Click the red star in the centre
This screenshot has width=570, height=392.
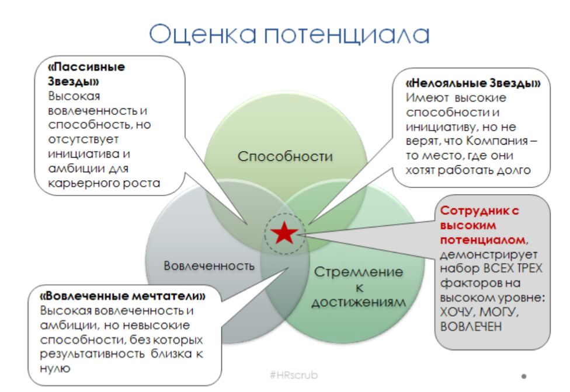[x=284, y=233]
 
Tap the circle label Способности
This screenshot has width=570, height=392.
[x=285, y=156]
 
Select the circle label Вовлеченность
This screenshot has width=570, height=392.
[x=209, y=265]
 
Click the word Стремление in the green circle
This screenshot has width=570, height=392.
[x=359, y=272]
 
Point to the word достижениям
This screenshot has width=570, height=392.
[x=359, y=302]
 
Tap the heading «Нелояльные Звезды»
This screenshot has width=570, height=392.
[x=473, y=83]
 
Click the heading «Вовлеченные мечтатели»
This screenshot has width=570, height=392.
[x=123, y=296]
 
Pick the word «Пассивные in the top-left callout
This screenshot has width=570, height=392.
[x=86, y=67]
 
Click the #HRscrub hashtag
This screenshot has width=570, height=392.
[x=294, y=375]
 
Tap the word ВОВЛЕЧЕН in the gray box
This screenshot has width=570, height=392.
[x=471, y=326]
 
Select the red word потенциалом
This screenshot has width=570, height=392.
[x=483, y=240]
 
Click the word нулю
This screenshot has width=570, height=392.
[x=55, y=369]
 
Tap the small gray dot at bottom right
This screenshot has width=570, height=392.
[x=524, y=376]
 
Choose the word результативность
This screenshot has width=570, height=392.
[x=92, y=354]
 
